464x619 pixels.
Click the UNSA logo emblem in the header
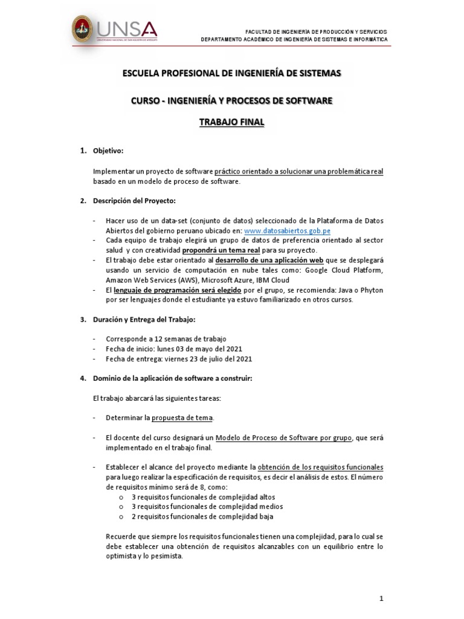pyautogui.click(x=83, y=28)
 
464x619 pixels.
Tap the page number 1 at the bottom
pyautogui.click(x=381, y=598)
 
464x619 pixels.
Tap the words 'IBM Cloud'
pyautogui.click(x=273, y=280)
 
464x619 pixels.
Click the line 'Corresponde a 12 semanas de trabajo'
pyautogui.click(x=166, y=339)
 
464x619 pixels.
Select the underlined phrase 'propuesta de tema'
pyautogui.click(x=182, y=418)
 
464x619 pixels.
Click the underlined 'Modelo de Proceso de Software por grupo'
pyautogui.click(x=283, y=437)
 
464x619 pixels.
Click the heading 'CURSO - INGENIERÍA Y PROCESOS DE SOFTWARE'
pyautogui.click(x=232, y=100)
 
